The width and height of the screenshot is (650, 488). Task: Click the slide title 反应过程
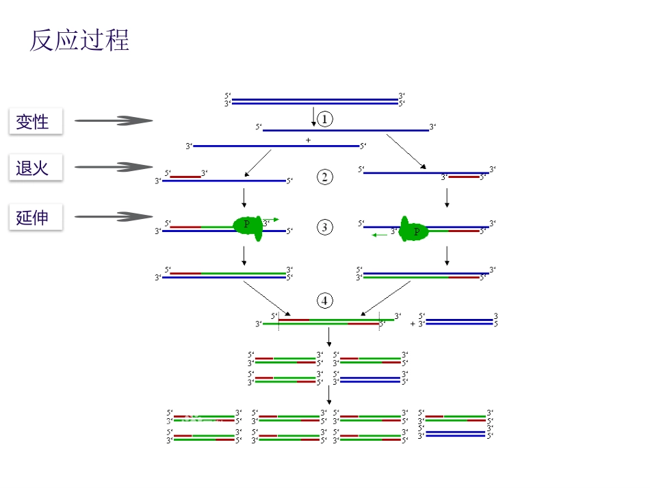tap(79, 41)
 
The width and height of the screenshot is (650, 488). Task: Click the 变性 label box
tap(36, 122)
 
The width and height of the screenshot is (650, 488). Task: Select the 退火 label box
tap(36, 167)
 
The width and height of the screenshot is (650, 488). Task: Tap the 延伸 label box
tap(36, 217)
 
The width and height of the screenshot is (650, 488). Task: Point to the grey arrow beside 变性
tap(114, 121)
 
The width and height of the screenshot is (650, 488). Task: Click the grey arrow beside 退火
tap(114, 167)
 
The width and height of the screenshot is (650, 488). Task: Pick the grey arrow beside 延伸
tap(114, 217)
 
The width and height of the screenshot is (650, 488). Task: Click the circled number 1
tap(325, 119)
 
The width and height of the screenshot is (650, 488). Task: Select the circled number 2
tap(325, 177)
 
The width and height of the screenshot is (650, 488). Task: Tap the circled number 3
tap(325, 227)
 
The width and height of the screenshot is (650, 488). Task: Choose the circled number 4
tap(325, 300)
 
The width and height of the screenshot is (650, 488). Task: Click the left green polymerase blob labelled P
tap(249, 227)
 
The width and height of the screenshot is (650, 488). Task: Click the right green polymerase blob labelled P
tap(413, 230)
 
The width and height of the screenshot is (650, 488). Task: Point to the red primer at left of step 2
tap(185, 177)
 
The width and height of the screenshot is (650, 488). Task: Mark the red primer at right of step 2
tap(465, 177)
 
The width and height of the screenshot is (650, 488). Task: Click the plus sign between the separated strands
tap(308, 140)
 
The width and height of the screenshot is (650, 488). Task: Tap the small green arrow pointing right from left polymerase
tap(272, 220)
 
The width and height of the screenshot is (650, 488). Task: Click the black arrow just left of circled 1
tap(313, 116)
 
